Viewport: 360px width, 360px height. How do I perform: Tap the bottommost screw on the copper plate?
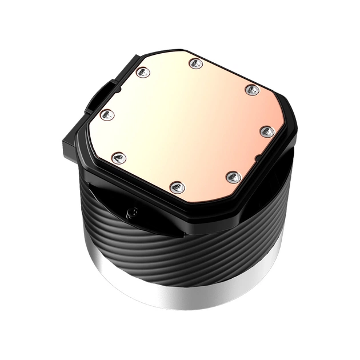pyautogui.click(x=176, y=186)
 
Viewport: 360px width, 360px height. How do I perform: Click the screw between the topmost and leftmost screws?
pyautogui.click(x=143, y=72)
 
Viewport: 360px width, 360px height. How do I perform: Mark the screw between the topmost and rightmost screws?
pyautogui.click(x=251, y=90)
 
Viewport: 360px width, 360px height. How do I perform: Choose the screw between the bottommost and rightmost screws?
pyautogui.click(x=233, y=177)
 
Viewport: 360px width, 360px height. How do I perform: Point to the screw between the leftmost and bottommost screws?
pyautogui.click(x=119, y=157)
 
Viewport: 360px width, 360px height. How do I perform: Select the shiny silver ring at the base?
pyautogui.click(x=189, y=297)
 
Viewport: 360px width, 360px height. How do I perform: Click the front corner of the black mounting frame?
pyautogui.click(x=189, y=220)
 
